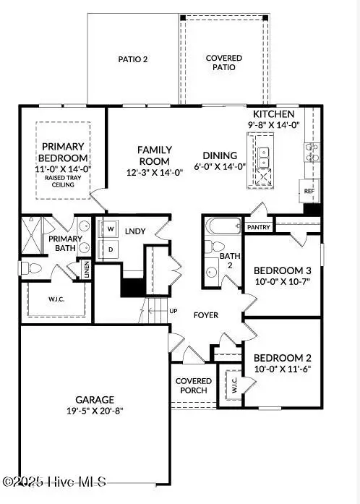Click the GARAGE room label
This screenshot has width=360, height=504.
tap(95, 399)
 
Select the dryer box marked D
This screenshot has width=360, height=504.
tap(111, 249)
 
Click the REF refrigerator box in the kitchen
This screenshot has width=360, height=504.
tap(309, 192)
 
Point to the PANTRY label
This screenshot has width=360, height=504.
tap(258, 227)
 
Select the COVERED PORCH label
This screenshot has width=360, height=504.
tap(194, 385)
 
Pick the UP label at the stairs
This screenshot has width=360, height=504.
tap(173, 311)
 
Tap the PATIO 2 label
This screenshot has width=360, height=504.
tap(133, 59)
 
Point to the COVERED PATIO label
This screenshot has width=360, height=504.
tap(224, 62)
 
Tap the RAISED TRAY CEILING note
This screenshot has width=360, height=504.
tap(64, 181)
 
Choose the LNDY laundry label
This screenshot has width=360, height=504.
tap(135, 231)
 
